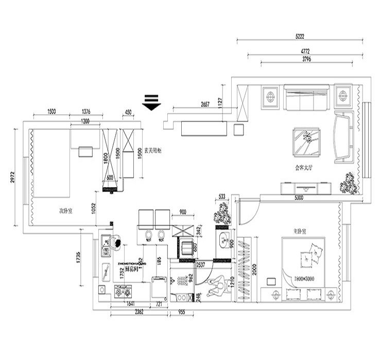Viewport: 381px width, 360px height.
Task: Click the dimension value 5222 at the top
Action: click(300, 37)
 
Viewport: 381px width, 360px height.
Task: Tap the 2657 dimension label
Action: click(205, 104)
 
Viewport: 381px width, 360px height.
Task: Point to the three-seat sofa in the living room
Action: click(306, 98)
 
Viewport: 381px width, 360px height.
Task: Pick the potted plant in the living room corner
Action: click(350, 183)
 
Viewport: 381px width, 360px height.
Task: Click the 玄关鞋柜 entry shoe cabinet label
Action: click(153, 151)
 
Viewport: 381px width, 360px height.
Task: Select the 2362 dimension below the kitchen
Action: click(135, 312)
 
